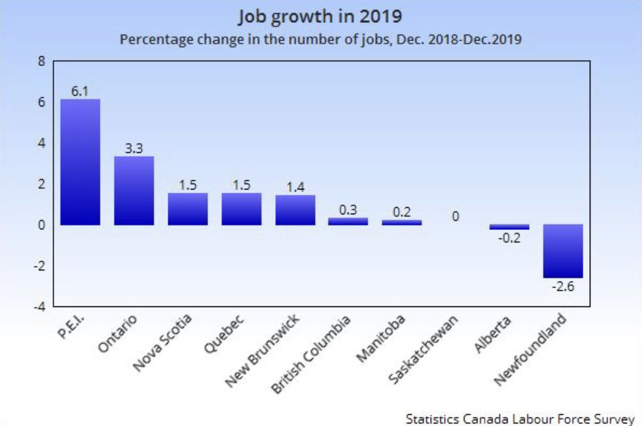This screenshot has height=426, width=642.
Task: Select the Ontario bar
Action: (x=134, y=191)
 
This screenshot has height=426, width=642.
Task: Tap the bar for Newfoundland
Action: (x=563, y=251)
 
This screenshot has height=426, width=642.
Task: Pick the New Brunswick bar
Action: (x=295, y=210)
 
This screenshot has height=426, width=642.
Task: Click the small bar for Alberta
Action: (x=510, y=227)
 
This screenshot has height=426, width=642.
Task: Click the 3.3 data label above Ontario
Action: (x=134, y=149)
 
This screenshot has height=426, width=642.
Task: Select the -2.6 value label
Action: (x=563, y=286)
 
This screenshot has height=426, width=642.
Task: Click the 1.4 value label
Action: (x=295, y=188)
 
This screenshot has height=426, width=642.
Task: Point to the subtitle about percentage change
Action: (x=320, y=39)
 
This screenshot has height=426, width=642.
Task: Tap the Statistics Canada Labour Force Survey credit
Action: (x=519, y=418)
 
